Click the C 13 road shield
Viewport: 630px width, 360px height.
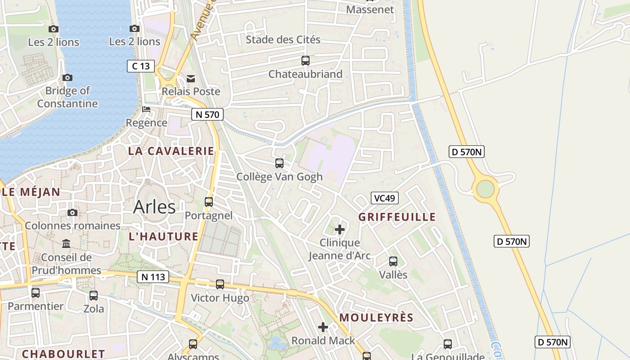(x=140, y=66)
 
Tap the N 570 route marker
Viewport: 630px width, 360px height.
(x=207, y=114)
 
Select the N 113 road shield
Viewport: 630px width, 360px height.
(x=153, y=277)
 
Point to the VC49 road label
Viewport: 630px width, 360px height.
(x=385, y=198)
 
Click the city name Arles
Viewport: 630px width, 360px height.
(x=154, y=207)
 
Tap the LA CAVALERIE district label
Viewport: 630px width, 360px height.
(x=171, y=151)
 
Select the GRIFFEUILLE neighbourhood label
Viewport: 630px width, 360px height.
(x=397, y=217)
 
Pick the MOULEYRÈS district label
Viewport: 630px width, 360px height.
(x=376, y=317)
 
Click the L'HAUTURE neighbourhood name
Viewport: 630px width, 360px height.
(x=163, y=236)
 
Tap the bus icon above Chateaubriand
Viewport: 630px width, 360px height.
(x=306, y=60)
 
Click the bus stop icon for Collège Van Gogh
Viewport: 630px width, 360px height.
(x=279, y=163)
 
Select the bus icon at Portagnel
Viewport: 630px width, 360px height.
(x=209, y=202)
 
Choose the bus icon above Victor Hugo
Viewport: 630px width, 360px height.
(x=220, y=284)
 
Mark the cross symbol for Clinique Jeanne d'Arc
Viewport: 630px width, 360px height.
(x=340, y=229)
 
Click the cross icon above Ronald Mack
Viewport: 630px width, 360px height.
(x=323, y=327)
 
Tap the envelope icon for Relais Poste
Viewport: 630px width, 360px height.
(x=191, y=78)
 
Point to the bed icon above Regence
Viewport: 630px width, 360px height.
(x=146, y=109)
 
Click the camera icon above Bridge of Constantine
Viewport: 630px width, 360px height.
(x=67, y=77)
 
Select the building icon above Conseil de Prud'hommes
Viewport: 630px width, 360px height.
(x=66, y=243)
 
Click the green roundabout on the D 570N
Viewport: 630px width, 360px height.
(x=485, y=189)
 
